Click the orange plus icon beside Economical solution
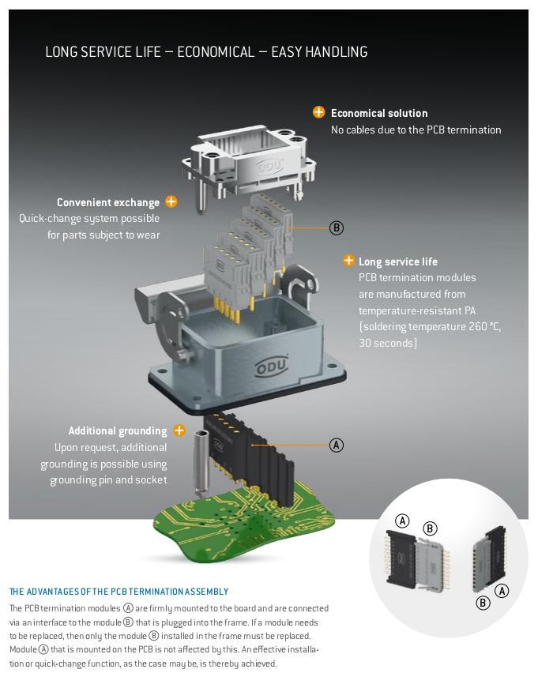pos(318,112)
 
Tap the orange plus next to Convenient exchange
pos(171,201)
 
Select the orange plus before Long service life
pos(348,261)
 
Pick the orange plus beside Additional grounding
pos(179,430)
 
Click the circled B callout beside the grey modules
pos(337,228)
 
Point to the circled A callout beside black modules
pos(337,445)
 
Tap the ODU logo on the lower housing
pos(272,366)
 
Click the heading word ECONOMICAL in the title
pos(216,52)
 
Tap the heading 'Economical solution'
pos(379,113)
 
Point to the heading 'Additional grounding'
pos(118,431)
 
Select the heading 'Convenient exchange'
pos(108,202)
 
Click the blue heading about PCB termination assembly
pos(119,592)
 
